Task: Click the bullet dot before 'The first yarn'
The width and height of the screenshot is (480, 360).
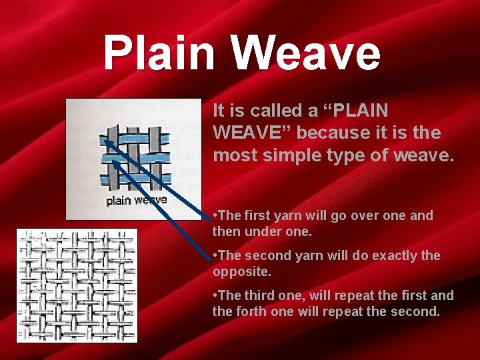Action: (215, 216)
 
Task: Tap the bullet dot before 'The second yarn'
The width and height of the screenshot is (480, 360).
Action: (215, 256)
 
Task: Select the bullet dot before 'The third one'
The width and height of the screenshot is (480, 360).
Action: (215, 296)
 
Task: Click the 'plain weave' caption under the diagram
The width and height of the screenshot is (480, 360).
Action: (137, 200)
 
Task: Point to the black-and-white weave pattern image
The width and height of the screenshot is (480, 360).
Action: (77, 285)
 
